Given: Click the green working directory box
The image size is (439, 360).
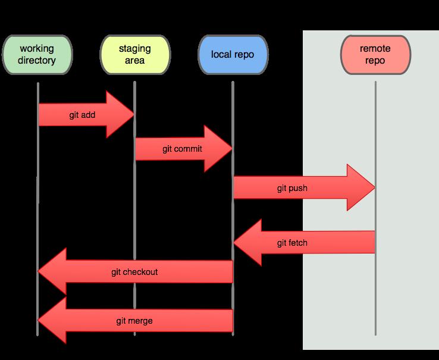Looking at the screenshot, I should point(37,54).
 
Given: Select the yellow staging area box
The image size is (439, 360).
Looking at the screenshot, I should point(135,54).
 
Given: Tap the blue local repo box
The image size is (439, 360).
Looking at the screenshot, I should point(233,54).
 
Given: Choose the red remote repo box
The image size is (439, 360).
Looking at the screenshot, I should point(375,54).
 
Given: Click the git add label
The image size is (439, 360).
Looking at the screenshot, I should point(82,115).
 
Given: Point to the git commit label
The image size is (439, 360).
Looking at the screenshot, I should point(182,149).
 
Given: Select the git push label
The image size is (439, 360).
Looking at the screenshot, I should point(292,189).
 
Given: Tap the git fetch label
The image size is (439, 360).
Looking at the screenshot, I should point(292,243).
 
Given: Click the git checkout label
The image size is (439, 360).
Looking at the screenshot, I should point(134,272).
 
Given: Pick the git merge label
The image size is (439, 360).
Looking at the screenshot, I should point(134,321).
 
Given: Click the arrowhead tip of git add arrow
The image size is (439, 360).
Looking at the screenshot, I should point(133,115).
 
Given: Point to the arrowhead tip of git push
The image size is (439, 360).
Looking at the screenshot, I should point(374,188).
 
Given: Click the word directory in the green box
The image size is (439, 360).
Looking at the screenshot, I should point(37,60).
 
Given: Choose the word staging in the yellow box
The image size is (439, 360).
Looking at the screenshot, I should point(135,48).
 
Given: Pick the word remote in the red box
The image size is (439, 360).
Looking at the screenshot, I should point(375,48).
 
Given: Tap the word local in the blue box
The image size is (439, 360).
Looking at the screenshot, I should point(221,54).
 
